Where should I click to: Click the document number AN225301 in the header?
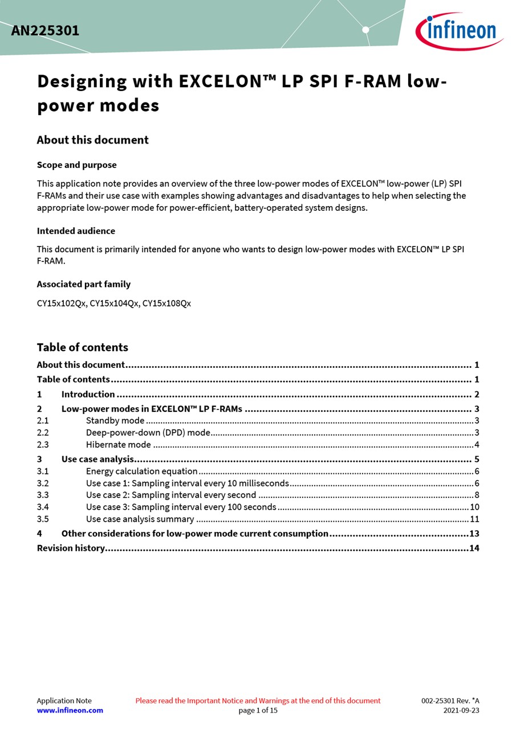(45, 31)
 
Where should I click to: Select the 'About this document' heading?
(92, 140)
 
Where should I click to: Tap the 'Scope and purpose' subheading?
(76, 165)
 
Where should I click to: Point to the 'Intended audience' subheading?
(76, 231)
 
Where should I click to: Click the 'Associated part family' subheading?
(83, 284)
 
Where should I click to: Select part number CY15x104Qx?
(114, 304)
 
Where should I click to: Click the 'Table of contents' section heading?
(82, 347)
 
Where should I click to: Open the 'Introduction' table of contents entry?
(88, 395)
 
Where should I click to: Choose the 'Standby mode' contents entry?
(115, 421)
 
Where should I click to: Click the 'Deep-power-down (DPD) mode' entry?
(148, 433)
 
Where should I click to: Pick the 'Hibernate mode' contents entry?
(118, 445)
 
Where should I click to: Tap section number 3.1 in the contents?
(43, 472)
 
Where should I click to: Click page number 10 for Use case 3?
(474, 507)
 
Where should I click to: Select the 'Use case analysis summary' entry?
(140, 519)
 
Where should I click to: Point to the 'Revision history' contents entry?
(71, 548)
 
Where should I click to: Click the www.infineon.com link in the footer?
(70, 710)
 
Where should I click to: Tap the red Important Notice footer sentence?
(258, 701)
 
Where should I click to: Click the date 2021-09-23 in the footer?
(461, 710)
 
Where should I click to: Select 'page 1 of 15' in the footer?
(258, 710)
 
